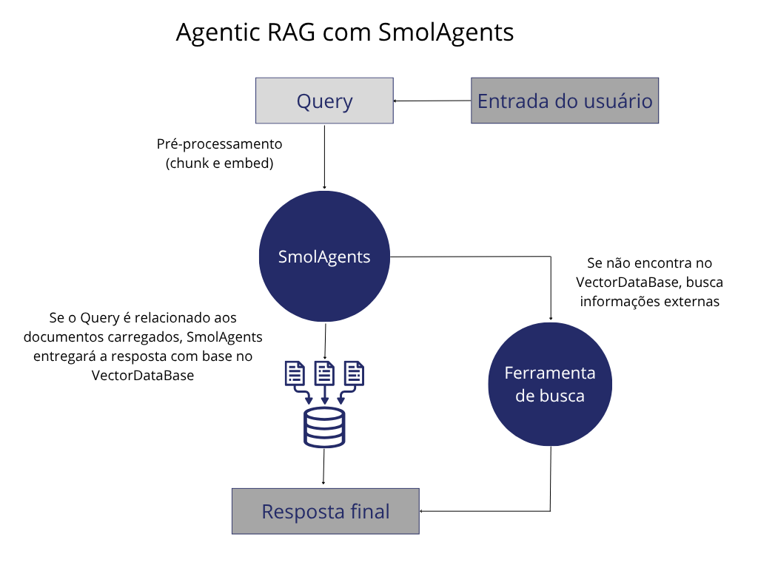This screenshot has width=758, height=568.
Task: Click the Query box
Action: (324, 101)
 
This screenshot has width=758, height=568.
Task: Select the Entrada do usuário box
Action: (565, 101)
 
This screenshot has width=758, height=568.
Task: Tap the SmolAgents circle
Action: (324, 257)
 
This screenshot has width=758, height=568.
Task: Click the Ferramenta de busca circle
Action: (550, 384)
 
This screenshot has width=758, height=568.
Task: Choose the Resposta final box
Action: (326, 511)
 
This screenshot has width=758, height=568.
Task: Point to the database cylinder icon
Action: (324, 427)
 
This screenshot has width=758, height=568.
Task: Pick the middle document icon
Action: (324, 373)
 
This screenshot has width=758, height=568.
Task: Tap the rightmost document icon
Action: (354, 373)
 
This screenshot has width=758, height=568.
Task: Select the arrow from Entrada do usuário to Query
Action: (432, 101)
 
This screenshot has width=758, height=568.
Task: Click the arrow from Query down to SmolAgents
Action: (324, 157)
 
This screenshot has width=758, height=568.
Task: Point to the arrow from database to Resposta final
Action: (323, 466)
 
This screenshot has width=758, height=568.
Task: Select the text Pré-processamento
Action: (219, 144)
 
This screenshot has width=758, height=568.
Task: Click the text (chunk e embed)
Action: (219, 163)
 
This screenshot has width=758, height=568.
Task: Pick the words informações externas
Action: (650, 302)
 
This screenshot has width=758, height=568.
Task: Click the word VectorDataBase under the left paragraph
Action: (143, 375)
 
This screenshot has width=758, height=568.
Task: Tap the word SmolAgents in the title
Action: (446, 33)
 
